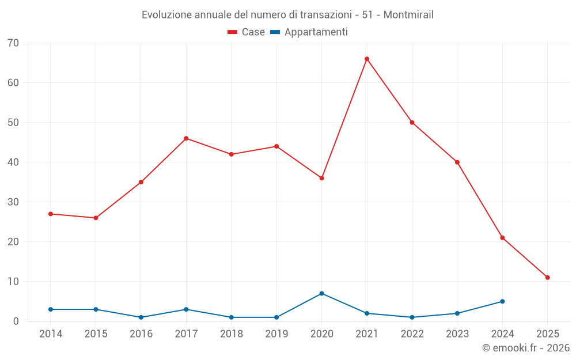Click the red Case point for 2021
click(x=367, y=59)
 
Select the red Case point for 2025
click(x=548, y=278)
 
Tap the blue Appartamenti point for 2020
click(x=322, y=294)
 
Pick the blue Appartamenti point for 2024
click(x=502, y=301)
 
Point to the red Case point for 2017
click(x=186, y=138)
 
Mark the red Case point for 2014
click(x=51, y=214)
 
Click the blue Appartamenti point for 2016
click(x=141, y=317)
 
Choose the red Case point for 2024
click(x=502, y=238)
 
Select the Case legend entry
click(x=247, y=32)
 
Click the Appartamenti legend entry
click(x=309, y=32)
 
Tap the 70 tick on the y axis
click(x=13, y=43)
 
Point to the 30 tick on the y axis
click(x=13, y=202)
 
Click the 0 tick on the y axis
click(x=16, y=321)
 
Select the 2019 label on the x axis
click(x=276, y=334)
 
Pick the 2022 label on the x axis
click(x=412, y=334)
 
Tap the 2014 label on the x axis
click(x=51, y=334)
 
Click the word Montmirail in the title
click(x=408, y=15)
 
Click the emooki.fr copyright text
click(x=526, y=348)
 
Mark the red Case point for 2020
click(x=322, y=178)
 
